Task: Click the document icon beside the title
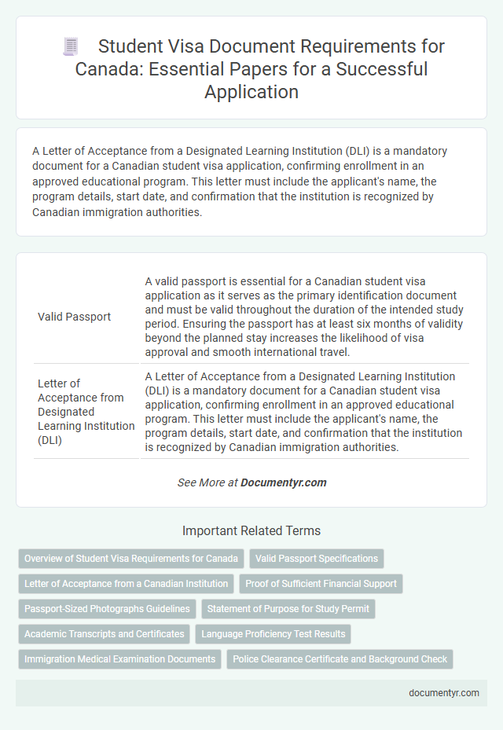coord(70,47)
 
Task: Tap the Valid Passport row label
coord(74,317)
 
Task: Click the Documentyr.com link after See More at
coord(284,482)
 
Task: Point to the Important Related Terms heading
coord(251,530)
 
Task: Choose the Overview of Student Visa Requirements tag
coord(131,559)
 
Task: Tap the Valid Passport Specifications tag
coord(317,559)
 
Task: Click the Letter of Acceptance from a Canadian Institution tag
coord(126,584)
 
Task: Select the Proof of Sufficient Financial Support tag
coord(321,584)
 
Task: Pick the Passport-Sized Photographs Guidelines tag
coord(107,608)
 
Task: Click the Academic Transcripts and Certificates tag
coord(105,633)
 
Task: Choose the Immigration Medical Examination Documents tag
coord(119,658)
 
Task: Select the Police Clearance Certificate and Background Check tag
coord(340,658)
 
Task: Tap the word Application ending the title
coord(251,91)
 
